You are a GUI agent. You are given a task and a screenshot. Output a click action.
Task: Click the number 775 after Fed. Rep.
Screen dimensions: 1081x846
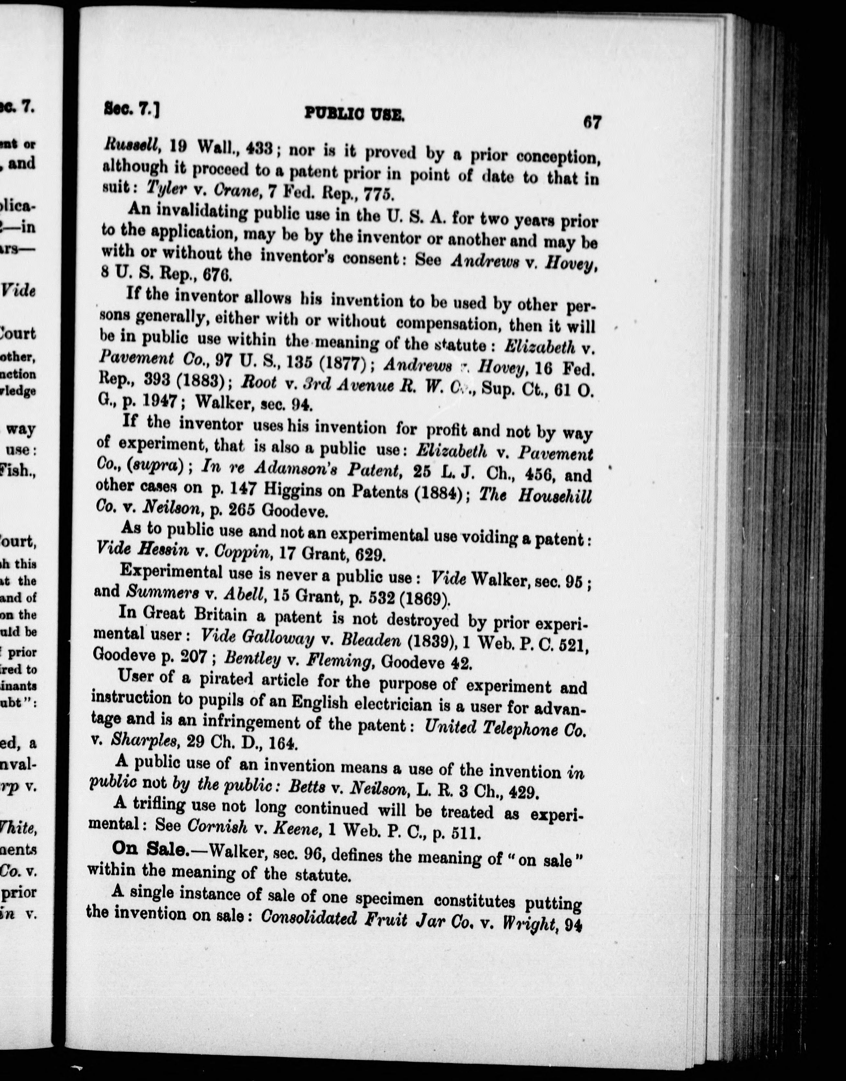[378, 194]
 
